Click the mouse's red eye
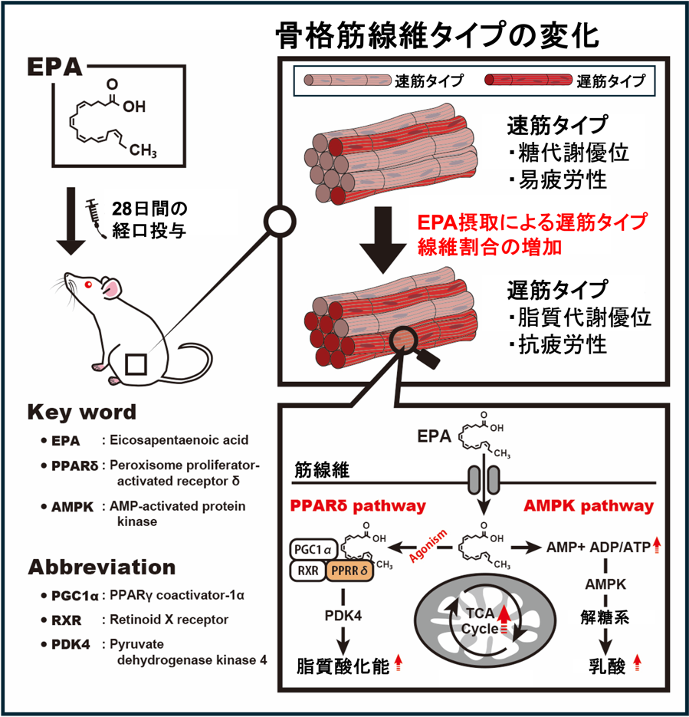(x=89, y=285)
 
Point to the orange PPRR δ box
(x=349, y=570)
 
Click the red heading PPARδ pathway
(x=359, y=506)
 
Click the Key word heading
(x=81, y=412)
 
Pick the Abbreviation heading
(x=102, y=567)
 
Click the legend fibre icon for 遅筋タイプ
(x=528, y=80)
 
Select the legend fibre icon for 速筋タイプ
(x=347, y=80)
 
